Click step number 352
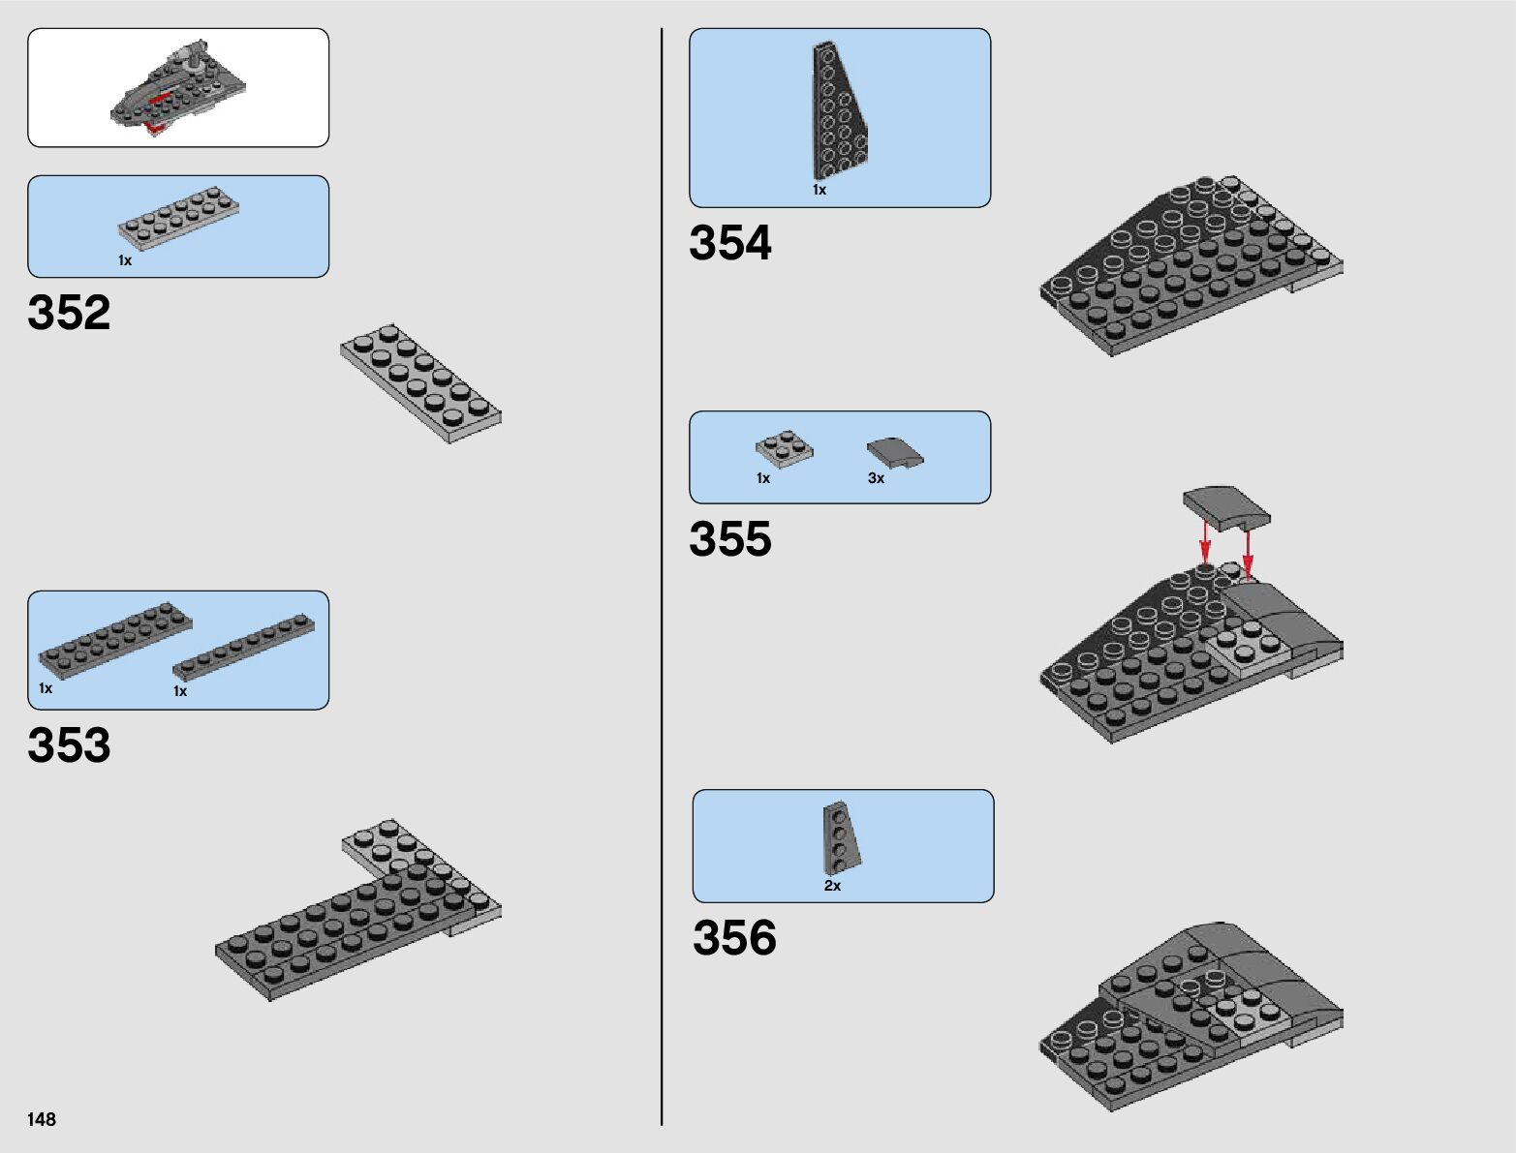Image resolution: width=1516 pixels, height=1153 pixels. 69,313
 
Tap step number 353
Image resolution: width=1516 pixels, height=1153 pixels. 69,745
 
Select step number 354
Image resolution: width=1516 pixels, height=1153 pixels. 730,243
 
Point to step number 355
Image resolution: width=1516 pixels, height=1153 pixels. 730,539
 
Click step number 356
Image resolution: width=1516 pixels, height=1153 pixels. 734,938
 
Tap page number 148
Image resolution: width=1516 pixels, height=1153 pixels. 42,1119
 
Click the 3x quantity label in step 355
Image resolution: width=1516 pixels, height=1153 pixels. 876,478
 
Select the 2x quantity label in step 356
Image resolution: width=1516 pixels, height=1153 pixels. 832,886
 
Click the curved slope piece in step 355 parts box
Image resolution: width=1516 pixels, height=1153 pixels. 894,453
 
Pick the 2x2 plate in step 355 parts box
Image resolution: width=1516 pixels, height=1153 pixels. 784,449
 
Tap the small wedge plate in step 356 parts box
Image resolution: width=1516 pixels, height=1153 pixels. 841,837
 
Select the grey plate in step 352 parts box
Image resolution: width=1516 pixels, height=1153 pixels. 178,219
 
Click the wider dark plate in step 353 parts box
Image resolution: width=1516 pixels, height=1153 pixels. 114,638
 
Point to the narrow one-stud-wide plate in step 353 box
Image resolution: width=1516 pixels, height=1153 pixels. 244,645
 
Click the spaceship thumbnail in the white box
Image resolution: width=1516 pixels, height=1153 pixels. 178,89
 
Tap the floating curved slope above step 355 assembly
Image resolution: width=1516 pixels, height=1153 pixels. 1226,508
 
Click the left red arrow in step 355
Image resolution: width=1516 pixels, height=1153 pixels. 1205,542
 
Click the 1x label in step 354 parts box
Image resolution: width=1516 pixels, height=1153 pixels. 820,190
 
